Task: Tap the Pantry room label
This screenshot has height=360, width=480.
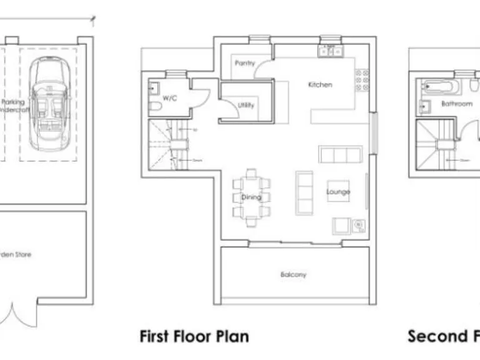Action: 244,64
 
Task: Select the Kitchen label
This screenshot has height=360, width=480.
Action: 320,84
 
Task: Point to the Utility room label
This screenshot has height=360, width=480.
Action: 246,105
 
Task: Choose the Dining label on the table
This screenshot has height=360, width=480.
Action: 251,197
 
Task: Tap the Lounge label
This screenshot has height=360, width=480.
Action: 338,192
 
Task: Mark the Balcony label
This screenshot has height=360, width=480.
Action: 294,274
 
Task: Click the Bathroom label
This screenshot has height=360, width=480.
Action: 457,104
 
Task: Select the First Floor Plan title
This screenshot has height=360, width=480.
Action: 194,336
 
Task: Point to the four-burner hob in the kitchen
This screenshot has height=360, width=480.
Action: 362,81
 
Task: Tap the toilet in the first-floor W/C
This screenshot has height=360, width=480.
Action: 154,107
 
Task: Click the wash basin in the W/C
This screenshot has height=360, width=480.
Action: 153,88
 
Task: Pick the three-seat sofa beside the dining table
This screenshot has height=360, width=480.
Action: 304,192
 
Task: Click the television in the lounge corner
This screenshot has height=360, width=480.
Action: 359,226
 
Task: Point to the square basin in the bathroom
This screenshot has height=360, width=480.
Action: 426,106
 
